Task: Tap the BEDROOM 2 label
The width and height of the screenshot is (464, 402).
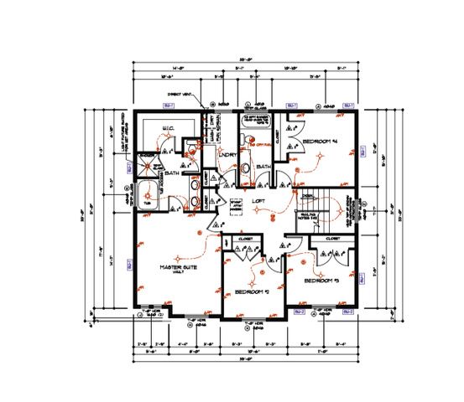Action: (x=252, y=291)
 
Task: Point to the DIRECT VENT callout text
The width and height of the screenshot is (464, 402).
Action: (x=180, y=95)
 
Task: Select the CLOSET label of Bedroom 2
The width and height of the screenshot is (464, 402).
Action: (x=246, y=239)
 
